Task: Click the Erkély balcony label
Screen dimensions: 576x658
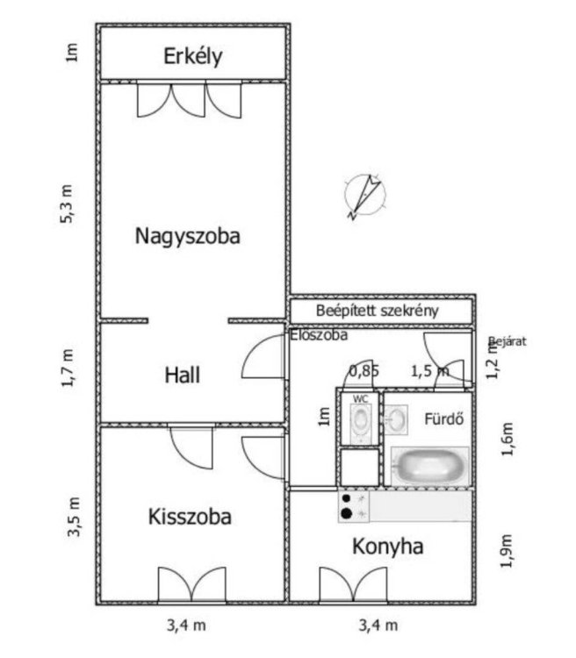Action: (x=193, y=57)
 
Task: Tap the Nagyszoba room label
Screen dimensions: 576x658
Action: (x=187, y=237)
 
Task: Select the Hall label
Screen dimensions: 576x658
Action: (x=182, y=375)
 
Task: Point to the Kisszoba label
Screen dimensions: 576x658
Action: (x=190, y=517)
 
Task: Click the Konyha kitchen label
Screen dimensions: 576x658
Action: (x=387, y=547)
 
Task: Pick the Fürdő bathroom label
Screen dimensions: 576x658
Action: (x=443, y=418)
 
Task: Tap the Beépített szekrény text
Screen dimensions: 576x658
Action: (x=377, y=311)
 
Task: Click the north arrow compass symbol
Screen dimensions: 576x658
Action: (x=364, y=196)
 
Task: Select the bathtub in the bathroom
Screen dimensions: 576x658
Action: (x=429, y=466)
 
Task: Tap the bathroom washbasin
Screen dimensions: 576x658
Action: (x=396, y=418)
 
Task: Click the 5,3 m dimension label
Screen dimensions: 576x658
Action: (x=67, y=204)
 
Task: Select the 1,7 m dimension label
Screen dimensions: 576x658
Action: (x=68, y=368)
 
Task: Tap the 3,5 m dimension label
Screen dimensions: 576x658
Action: (x=73, y=517)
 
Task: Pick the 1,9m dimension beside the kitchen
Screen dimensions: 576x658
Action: (x=507, y=551)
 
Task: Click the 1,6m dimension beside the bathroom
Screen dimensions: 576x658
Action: (x=508, y=439)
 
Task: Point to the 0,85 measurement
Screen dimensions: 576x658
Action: (x=364, y=371)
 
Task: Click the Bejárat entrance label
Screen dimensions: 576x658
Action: (x=508, y=341)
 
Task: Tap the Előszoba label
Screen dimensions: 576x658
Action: (x=319, y=335)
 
